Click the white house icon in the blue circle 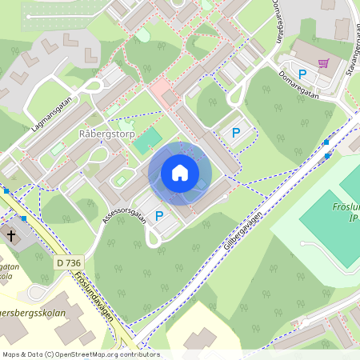(179, 173)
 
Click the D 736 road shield (70, 262)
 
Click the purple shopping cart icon (323, 62)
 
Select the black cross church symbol (11, 236)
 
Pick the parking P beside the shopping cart (302, 74)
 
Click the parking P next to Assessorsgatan (159, 215)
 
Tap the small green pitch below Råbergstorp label (147, 142)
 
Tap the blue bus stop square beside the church (24, 218)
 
